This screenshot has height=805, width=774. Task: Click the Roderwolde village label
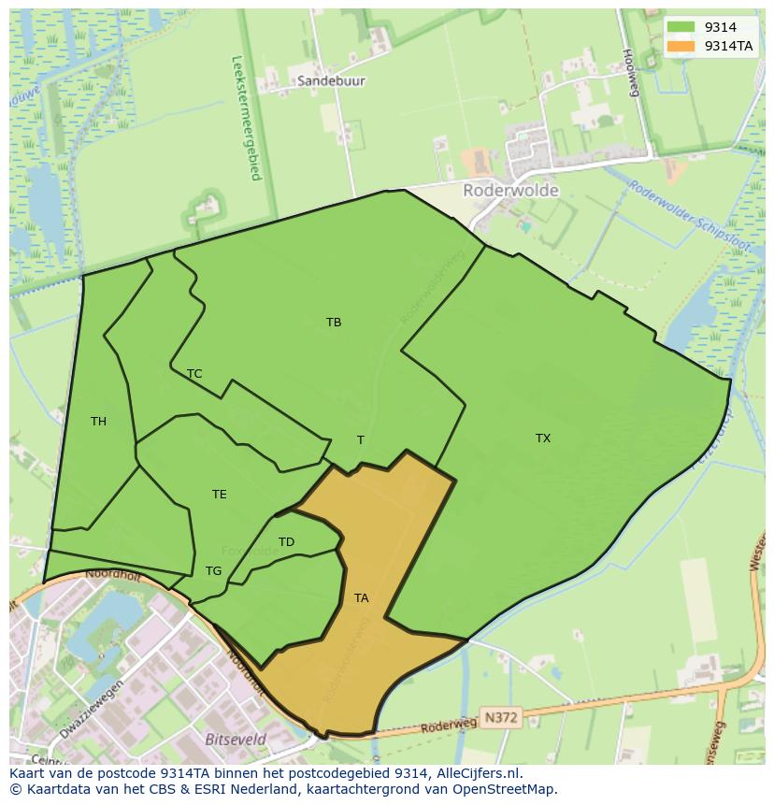click(510, 191)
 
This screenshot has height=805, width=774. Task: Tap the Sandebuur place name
click(331, 81)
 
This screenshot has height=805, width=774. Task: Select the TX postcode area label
click(543, 438)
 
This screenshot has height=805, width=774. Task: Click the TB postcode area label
click(334, 323)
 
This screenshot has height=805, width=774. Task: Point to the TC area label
click(194, 374)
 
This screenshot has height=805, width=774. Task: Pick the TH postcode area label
click(98, 422)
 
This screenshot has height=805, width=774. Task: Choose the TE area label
click(219, 495)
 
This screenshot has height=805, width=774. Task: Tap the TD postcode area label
click(286, 542)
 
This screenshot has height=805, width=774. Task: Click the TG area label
click(213, 571)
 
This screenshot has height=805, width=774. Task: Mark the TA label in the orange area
click(361, 598)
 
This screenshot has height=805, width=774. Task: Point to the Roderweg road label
click(441, 724)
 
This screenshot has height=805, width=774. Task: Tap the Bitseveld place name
click(236, 739)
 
